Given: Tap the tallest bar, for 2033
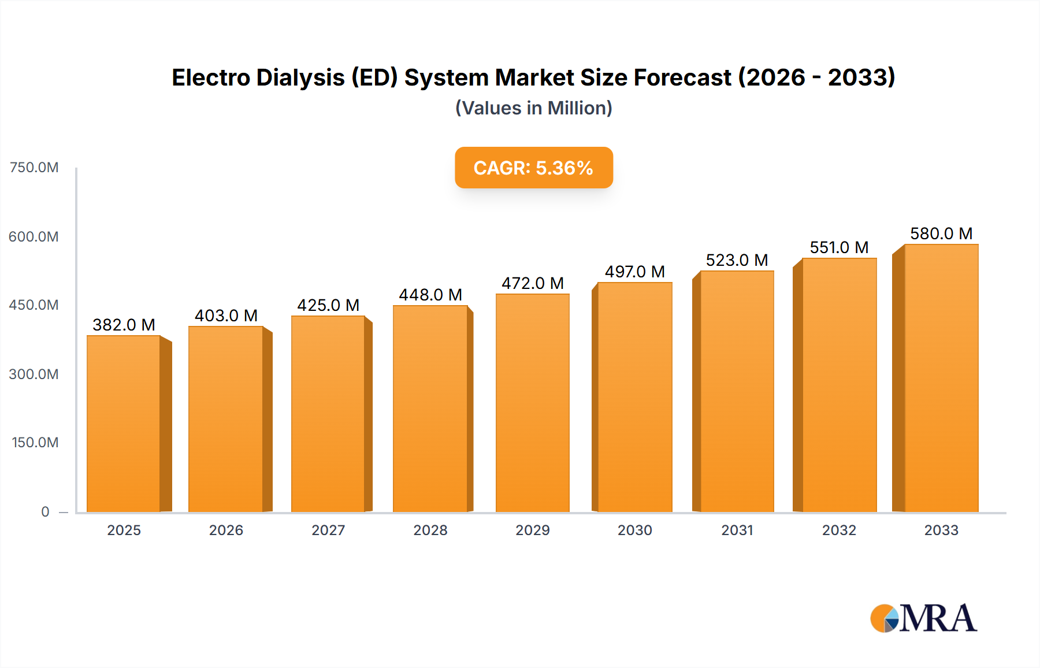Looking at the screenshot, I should pyautogui.click(x=941, y=378).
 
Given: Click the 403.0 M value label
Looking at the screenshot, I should pyautogui.click(x=226, y=316).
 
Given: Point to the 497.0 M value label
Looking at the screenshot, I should pyautogui.click(x=634, y=272).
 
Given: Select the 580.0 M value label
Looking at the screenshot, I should pyautogui.click(x=941, y=233).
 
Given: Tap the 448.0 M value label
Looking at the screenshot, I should pyautogui.click(x=430, y=295).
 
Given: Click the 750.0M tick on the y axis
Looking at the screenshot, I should pyautogui.click(x=34, y=168).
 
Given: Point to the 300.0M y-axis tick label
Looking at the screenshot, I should pyautogui.click(x=34, y=374).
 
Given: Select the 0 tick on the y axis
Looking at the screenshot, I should pyautogui.click(x=45, y=511).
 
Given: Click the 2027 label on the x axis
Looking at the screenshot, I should pyautogui.click(x=328, y=530).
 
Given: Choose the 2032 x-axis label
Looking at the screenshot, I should pyautogui.click(x=839, y=530).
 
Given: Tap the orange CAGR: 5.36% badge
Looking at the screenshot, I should pyautogui.click(x=533, y=168).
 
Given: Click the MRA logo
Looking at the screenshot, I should pyautogui.click(x=923, y=618).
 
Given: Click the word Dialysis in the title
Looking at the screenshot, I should pyautogui.click(x=300, y=77).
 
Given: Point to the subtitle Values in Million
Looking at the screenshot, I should pyautogui.click(x=533, y=108).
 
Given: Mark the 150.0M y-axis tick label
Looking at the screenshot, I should pyautogui.click(x=35, y=442).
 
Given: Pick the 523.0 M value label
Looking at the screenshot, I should pyautogui.click(x=737, y=260).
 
